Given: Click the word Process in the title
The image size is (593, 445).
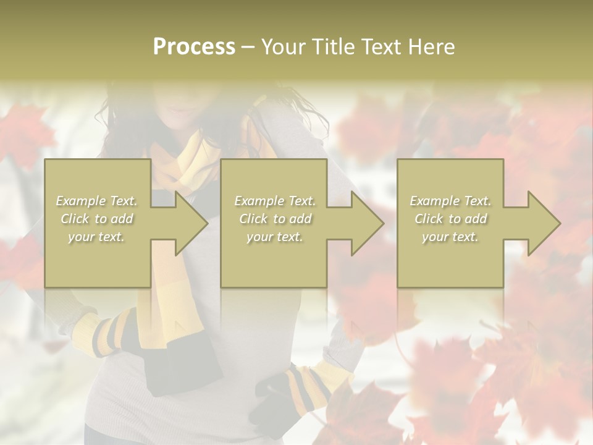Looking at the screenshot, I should [x=194, y=47].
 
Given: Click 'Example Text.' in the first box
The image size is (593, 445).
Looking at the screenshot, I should [x=97, y=201].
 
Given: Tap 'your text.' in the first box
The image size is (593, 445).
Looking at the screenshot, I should [x=97, y=237].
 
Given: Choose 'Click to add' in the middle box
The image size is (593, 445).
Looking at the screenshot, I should [x=275, y=219].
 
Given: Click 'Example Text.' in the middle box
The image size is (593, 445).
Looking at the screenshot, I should [x=275, y=201].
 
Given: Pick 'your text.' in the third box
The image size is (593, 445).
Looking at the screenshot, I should [x=450, y=237].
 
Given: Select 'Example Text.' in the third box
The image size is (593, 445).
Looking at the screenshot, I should [x=450, y=201].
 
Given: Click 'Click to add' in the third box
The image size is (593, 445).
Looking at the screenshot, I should [x=450, y=219].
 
